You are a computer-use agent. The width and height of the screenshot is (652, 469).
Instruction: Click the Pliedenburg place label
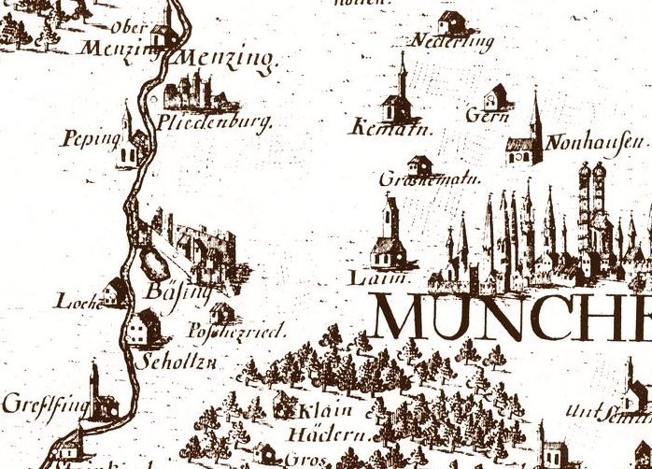pyautogui.click(x=215, y=122)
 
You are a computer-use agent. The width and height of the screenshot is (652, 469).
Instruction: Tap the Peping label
pyautogui.click(x=90, y=139)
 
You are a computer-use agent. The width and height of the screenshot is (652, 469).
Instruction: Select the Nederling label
pyautogui.click(x=452, y=42)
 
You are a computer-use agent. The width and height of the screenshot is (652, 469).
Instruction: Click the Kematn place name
pyautogui.click(x=380, y=128)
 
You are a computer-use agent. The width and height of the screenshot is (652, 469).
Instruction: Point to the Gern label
pyautogui.click(x=487, y=117)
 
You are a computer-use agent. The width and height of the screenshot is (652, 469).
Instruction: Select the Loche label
pyautogui.click(x=78, y=301)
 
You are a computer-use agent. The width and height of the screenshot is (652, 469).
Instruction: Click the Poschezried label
pyautogui.click(x=235, y=332)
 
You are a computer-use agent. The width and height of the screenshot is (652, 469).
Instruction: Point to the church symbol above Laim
pyautogui.click(x=387, y=236)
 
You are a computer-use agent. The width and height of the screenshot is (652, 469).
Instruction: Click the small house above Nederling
pyautogui.click(x=451, y=21)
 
